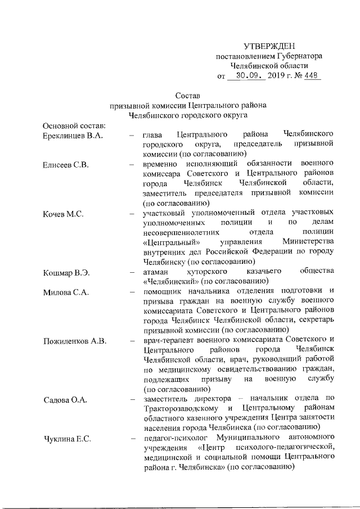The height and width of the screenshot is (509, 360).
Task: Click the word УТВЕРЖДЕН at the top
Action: pos(269,46)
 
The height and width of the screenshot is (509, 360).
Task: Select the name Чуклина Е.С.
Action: pos(67,439)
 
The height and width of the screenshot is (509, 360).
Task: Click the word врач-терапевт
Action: pos(169,341)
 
